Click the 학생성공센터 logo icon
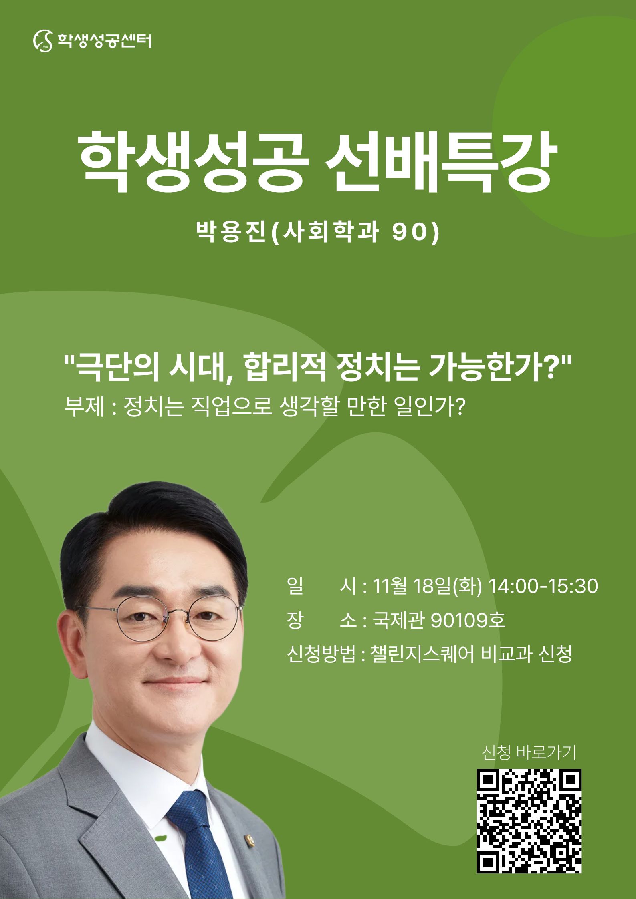[42, 41]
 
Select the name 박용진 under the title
[231, 232]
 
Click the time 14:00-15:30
[543, 586]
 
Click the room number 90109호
[468, 621]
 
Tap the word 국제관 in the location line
[398, 621]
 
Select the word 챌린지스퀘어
[422, 654]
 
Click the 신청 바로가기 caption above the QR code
[529, 753]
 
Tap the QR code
[529, 821]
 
